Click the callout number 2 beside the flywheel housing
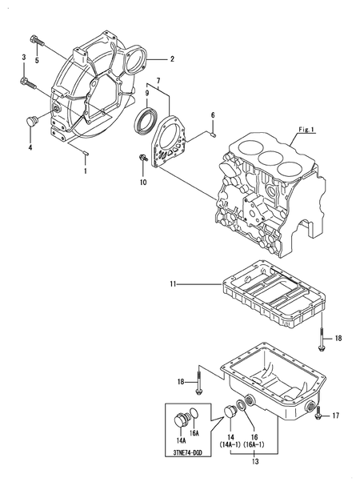pyautogui.click(x=172, y=59)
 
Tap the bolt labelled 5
pyautogui.click(x=36, y=41)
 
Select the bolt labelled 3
pyautogui.click(x=28, y=82)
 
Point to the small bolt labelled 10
pyautogui.click(x=143, y=158)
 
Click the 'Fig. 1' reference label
pyautogui.click(x=306, y=130)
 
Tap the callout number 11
pyautogui.click(x=173, y=284)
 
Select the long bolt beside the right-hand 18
pyautogui.click(x=322, y=339)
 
